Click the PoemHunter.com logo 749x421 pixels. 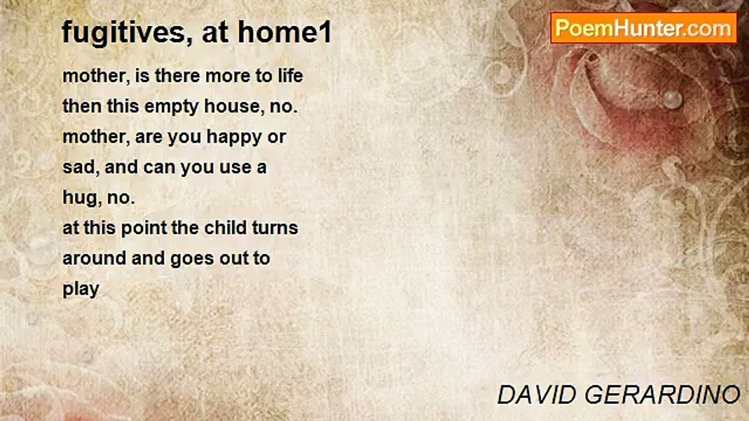tap(644, 27)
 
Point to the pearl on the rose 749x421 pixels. tap(672, 99)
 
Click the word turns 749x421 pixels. tap(274, 228)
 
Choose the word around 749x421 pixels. tap(93, 258)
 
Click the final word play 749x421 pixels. tap(81, 289)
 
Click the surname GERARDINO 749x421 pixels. tap(663, 395)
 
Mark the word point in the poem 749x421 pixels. tap(143, 228)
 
